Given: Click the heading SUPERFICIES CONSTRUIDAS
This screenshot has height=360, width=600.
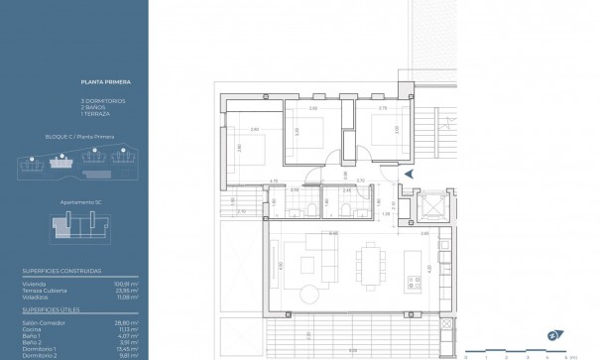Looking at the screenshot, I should tap(88, 271).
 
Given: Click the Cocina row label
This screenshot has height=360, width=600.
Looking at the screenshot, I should tap(62, 330).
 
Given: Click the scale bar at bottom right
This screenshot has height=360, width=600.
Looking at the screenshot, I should tap(515, 351).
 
